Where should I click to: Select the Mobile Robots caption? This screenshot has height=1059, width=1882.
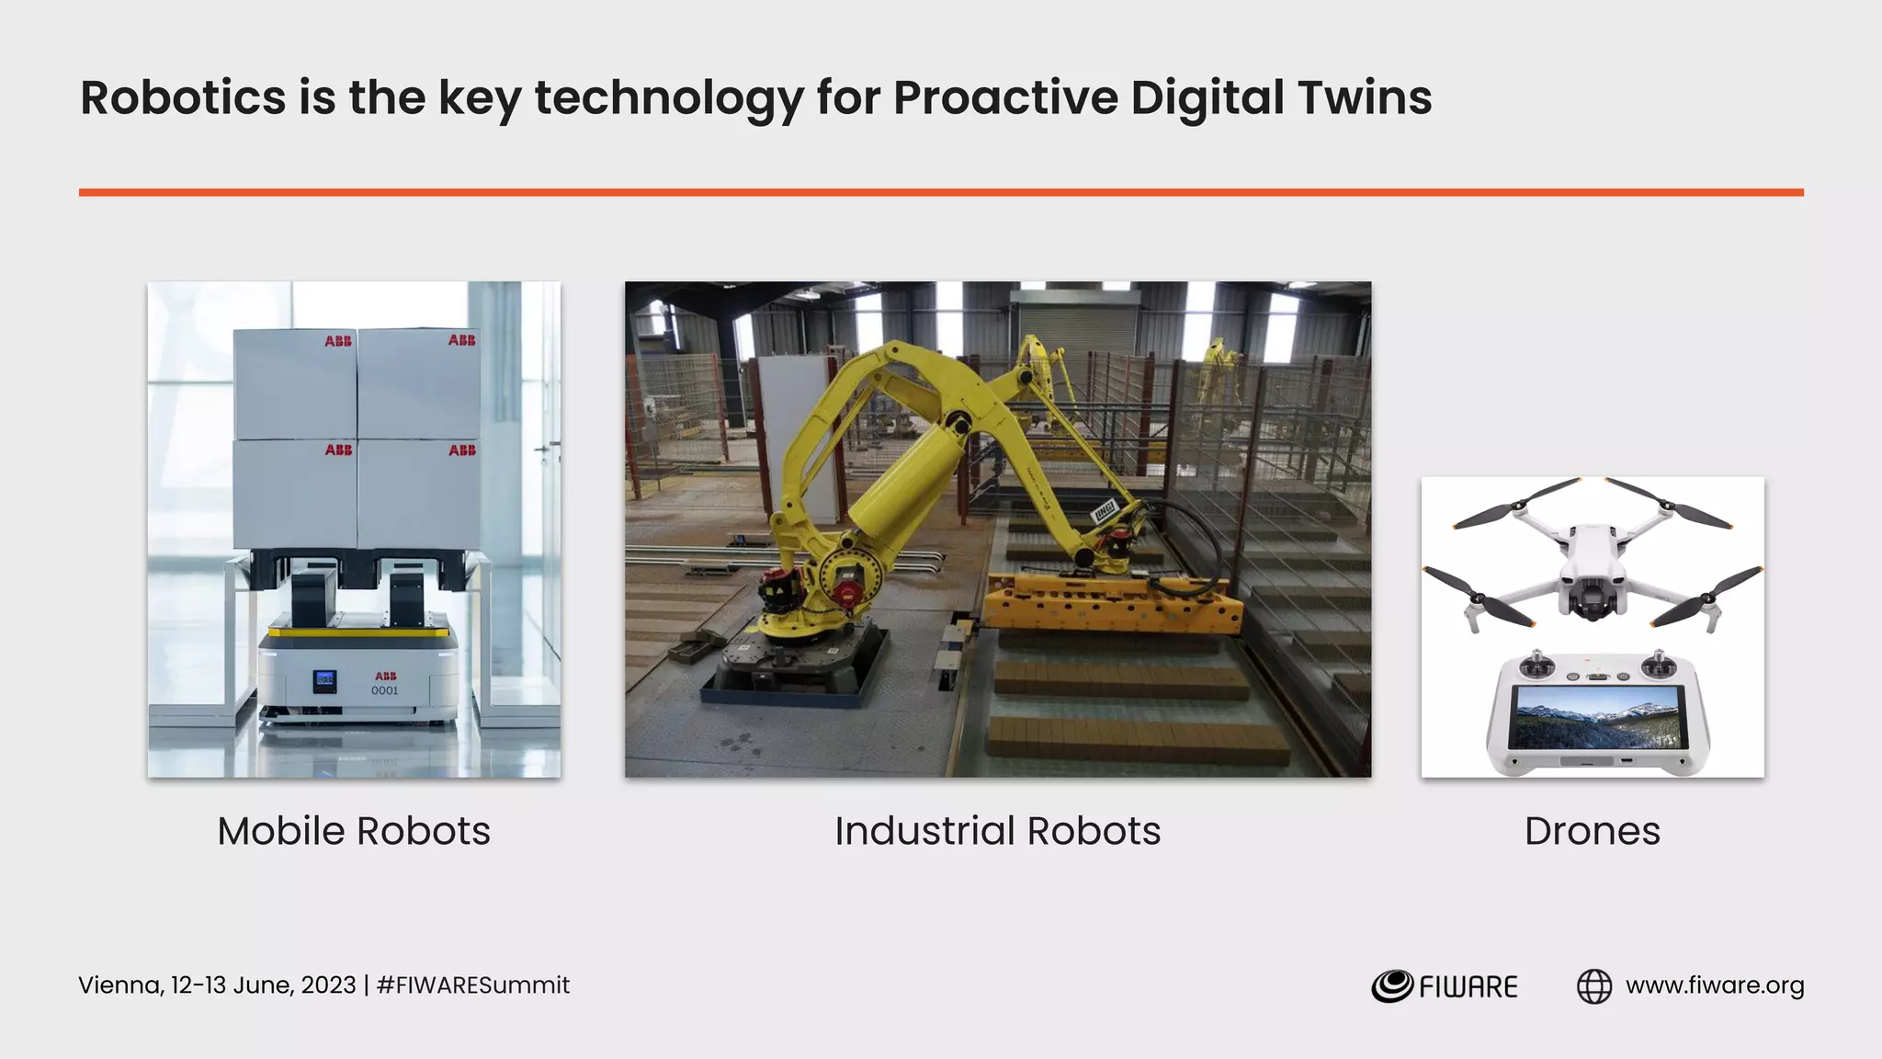pos(354,831)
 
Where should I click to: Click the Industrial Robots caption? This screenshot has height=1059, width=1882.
pos(997,831)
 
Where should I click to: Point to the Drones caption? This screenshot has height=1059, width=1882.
pos(1592,831)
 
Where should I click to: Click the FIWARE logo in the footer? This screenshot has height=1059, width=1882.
pos(1445,986)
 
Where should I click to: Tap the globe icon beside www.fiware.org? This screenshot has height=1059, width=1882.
pos(1594,986)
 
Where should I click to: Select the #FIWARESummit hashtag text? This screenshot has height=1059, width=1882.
pos(473,985)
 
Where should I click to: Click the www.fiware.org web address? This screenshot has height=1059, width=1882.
pos(1715,985)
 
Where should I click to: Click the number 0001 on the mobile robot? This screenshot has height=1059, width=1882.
pos(385,690)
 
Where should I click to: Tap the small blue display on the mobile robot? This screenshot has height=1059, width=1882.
pos(324,681)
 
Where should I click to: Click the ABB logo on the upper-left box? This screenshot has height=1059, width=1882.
pos(338,341)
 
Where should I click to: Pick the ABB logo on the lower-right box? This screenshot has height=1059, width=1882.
pos(462,450)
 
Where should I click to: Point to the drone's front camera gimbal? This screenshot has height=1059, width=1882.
pos(1593,603)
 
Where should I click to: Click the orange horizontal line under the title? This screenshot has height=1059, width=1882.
pos(941,192)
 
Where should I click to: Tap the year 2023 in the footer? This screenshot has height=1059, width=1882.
pos(328,985)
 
